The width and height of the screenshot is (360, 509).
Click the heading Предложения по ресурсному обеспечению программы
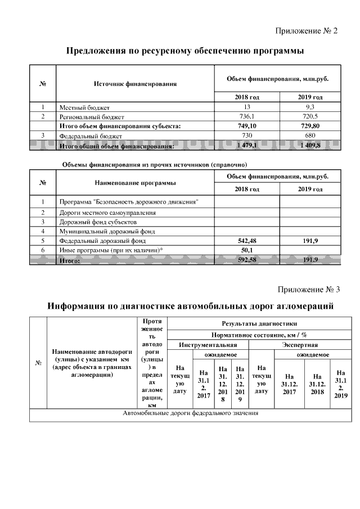click(x=186, y=52)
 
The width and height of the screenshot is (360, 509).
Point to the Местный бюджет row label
click(x=85, y=107)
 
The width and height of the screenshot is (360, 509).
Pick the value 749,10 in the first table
click(x=247, y=126)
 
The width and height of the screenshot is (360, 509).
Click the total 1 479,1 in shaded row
click(x=247, y=145)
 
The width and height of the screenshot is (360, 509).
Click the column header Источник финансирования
click(x=135, y=84)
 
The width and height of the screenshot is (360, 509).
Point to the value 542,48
click(x=247, y=240)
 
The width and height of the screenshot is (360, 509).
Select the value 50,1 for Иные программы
click(x=247, y=250)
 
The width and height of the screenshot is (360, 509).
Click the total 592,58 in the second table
click(x=247, y=260)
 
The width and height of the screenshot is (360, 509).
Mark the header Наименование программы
click(x=135, y=183)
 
